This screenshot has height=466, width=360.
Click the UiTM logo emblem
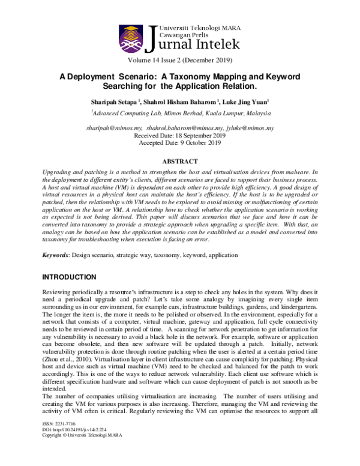coord(133,38)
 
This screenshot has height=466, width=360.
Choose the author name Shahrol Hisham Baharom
coord(181,101)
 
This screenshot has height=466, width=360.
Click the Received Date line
coord(180,136)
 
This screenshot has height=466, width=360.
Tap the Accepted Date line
coord(180,144)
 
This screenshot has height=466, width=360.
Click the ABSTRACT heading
coord(180,162)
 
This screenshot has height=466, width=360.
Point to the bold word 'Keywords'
coord(55,255)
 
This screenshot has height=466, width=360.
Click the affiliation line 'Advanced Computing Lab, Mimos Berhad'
coord(180,113)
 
